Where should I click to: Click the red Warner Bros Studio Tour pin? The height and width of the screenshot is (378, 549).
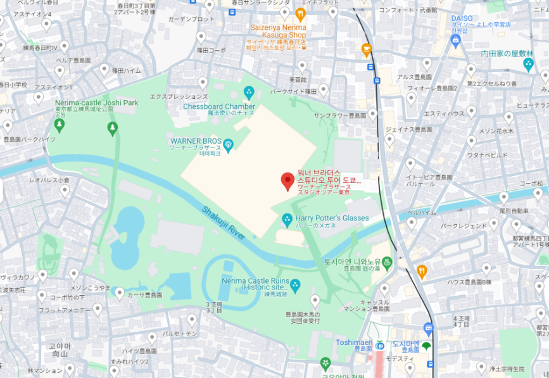[x=287, y=180]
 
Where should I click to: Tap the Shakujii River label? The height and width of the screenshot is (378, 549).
[x=224, y=222]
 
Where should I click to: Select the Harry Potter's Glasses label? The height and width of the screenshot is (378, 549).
[x=332, y=218]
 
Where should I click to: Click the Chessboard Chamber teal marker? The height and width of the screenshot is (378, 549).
[x=248, y=93]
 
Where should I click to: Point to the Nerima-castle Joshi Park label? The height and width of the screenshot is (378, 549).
[x=96, y=103]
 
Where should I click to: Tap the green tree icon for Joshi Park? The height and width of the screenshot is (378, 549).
[x=113, y=129]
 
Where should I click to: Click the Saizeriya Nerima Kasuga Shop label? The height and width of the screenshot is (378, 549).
[x=278, y=31]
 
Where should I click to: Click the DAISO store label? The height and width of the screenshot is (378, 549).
[x=462, y=18]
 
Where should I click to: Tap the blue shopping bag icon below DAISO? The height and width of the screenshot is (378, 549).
[x=455, y=41]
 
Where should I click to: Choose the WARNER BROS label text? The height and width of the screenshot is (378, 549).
[x=194, y=140]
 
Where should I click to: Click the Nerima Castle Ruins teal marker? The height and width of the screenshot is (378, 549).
[x=294, y=284]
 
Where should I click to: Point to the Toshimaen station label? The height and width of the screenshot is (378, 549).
[x=353, y=342]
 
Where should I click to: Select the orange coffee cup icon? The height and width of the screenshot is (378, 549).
[x=366, y=49]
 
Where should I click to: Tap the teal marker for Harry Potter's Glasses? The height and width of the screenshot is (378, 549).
[x=287, y=220]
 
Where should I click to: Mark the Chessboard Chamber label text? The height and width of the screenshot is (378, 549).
[x=219, y=106]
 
